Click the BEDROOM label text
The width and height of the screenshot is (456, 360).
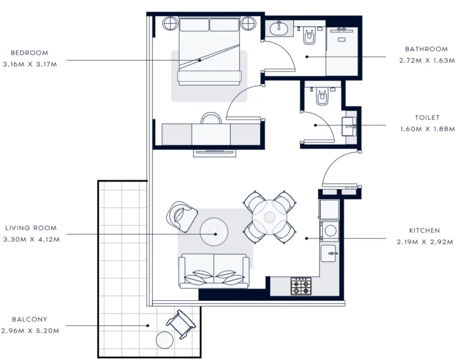tap(29, 53)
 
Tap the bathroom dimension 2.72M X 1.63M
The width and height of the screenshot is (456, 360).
tap(427, 61)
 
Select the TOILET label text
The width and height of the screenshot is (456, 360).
tap(427, 117)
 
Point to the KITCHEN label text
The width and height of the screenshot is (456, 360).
tap(424, 231)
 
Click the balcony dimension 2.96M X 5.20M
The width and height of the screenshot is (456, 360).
tap(30, 331)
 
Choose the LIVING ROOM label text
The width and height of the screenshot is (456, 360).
tap(31, 228)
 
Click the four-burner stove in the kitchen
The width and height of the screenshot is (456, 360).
tap(301, 286)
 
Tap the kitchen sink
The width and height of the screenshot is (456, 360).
tap(328, 253)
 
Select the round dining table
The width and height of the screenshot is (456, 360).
tap(269, 217)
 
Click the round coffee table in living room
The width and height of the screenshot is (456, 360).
tap(214, 232)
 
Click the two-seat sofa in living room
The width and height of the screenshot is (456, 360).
tap(214, 271)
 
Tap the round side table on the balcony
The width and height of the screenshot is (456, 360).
tap(165, 340)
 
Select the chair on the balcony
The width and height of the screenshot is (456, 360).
tap(181, 324)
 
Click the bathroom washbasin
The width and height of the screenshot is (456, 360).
tap(279, 28)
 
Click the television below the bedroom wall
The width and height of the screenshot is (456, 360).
tap(215, 153)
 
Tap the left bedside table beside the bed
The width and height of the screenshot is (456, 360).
tap(170, 23)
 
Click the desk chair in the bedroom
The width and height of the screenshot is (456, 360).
tap(211, 118)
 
